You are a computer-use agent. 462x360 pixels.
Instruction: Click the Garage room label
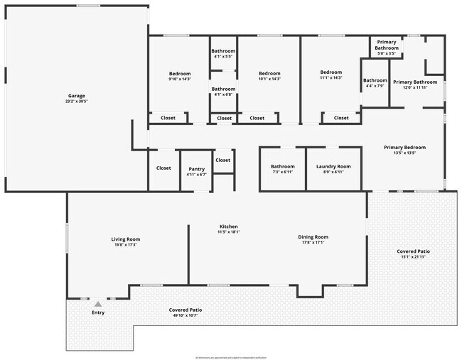pos(77,99)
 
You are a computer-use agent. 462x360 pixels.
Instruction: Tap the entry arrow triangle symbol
pos(98,304)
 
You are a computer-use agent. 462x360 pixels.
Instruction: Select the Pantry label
pos(196,171)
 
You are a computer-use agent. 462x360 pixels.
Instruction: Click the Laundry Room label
pos(333,169)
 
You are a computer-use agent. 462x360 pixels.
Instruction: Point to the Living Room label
pos(125,241)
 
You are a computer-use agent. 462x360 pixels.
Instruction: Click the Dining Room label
pos(313,239)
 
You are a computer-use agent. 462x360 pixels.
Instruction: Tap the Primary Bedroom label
pos(404,150)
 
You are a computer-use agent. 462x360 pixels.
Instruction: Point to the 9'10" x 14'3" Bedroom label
pos(180,76)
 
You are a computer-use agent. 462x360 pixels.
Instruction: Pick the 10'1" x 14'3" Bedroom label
pos(269,76)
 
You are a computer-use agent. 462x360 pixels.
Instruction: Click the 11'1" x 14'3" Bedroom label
pos(331,75)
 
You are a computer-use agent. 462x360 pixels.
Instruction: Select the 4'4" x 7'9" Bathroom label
pos(375,83)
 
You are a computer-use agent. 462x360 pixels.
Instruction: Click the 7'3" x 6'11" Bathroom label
pos(282,169)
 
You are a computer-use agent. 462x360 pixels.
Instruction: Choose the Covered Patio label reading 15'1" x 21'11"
pos(413,253)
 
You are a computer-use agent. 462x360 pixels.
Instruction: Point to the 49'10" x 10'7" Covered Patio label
pos(186,312)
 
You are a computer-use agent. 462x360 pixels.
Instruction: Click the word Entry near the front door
pos(98,312)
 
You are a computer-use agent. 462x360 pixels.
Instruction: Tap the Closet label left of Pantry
pos(163,168)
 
